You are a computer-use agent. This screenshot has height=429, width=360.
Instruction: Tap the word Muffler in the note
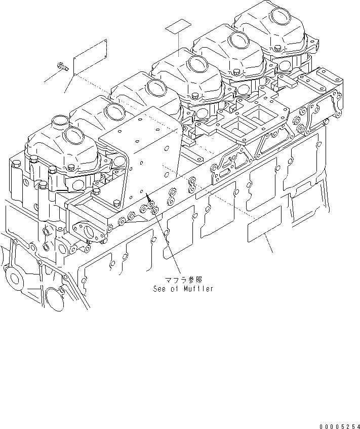pyautogui.click(x=198, y=289)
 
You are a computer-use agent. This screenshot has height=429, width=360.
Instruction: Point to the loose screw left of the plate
pyautogui.click(x=61, y=66)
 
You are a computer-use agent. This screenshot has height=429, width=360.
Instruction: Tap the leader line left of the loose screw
pyautogui.click(x=50, y=75)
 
